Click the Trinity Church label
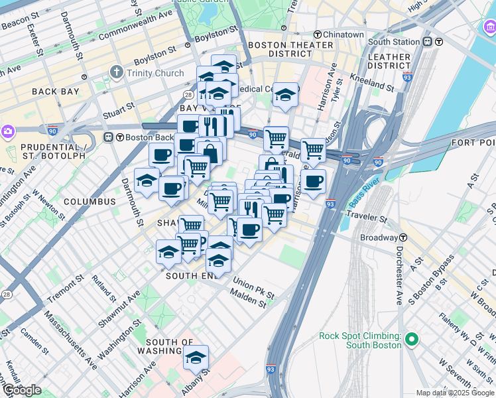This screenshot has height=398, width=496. [x=155, y=73]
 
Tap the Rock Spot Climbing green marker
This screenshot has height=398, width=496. [x=412, y=340]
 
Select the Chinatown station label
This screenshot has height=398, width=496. [x=343, y=34]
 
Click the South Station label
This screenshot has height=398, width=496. [x=394, y=41]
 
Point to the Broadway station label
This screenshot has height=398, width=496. [x=379, y=237]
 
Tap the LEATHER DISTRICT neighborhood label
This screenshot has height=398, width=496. [x=390, y=61]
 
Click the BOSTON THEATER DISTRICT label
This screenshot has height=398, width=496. [x=290, y=49]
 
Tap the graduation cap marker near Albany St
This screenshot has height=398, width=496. [x=196, y=357]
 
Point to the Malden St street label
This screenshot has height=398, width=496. [x=248, y=302]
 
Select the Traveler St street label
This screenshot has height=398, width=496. [x=365, y=216]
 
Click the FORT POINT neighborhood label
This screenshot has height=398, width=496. [x=475, y=143]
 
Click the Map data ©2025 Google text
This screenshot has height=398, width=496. [x=455, y=393]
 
